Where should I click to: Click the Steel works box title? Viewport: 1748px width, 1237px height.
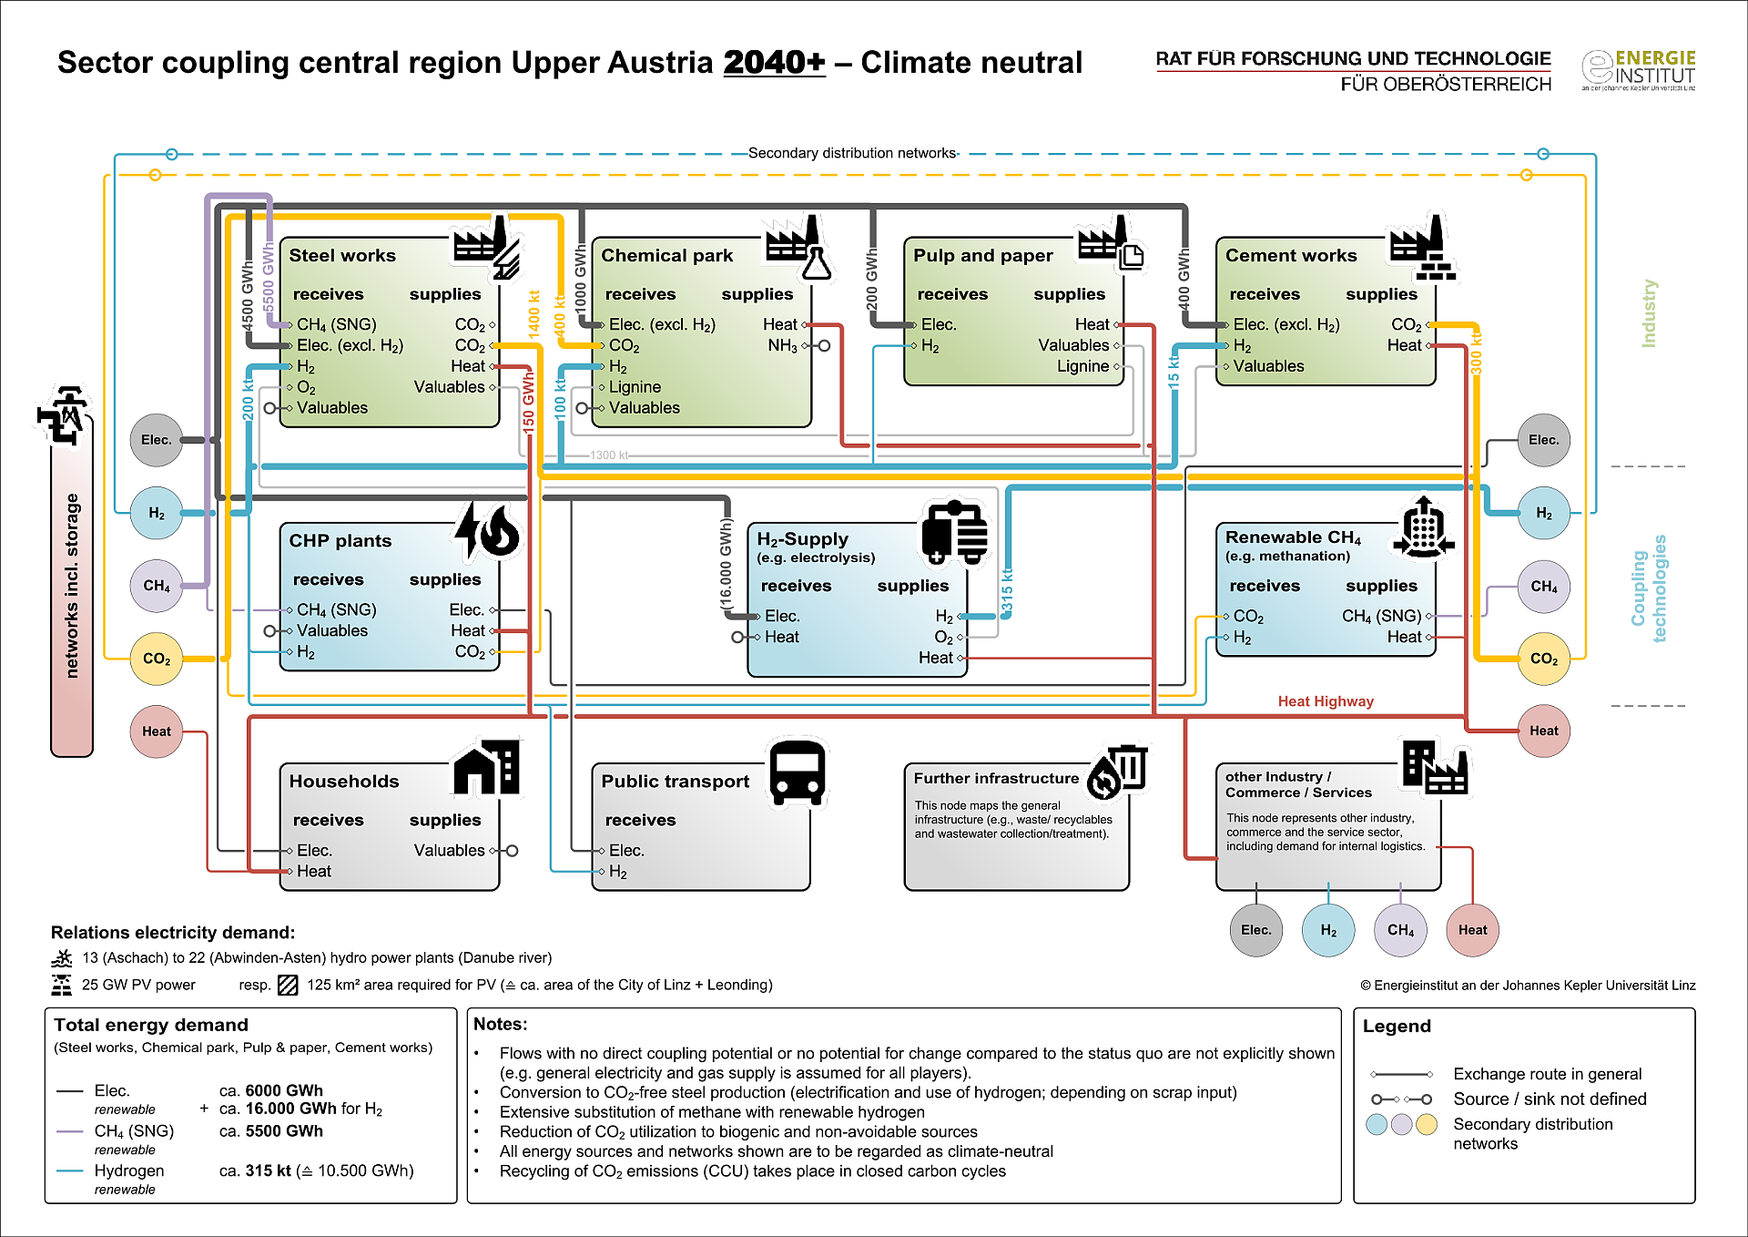(342, 256)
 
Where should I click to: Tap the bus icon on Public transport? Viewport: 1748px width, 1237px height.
(798, 773)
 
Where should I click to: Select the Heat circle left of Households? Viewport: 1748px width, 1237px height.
(157, 731)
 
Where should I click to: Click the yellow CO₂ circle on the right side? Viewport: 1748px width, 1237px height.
(1544, 659)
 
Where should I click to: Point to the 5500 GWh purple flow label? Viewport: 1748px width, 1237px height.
(269, 277)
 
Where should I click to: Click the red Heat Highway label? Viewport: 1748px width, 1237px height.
(1326, 701)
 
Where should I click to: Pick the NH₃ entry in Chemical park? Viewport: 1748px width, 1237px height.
(782, 346)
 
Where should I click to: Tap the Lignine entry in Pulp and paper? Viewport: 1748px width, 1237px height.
(1082, 366)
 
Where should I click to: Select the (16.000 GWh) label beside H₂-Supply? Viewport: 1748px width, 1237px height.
(726, 565)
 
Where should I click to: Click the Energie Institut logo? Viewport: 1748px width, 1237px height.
(1639, 70)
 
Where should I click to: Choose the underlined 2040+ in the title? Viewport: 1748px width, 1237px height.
(774, 62)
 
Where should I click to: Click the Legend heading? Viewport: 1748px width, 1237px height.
(1397, 1027)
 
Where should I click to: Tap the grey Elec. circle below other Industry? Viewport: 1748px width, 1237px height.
(1256, 930)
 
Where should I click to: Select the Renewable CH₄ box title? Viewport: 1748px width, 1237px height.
(1293, 537)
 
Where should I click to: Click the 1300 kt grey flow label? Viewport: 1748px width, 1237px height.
(609, 455)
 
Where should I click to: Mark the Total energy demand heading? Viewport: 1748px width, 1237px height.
(151, 1026)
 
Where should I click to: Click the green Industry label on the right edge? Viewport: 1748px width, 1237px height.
(1649, 313)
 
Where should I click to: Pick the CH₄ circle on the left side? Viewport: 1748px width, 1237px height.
(157, 586)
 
